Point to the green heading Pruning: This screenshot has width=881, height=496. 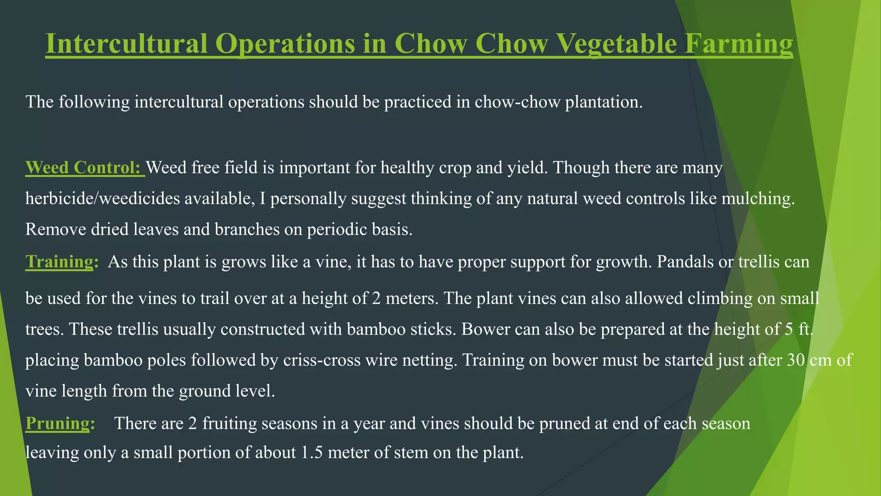click(60, 424)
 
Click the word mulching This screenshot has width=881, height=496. click(758, 199)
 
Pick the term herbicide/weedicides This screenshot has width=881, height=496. click(103, 199)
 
